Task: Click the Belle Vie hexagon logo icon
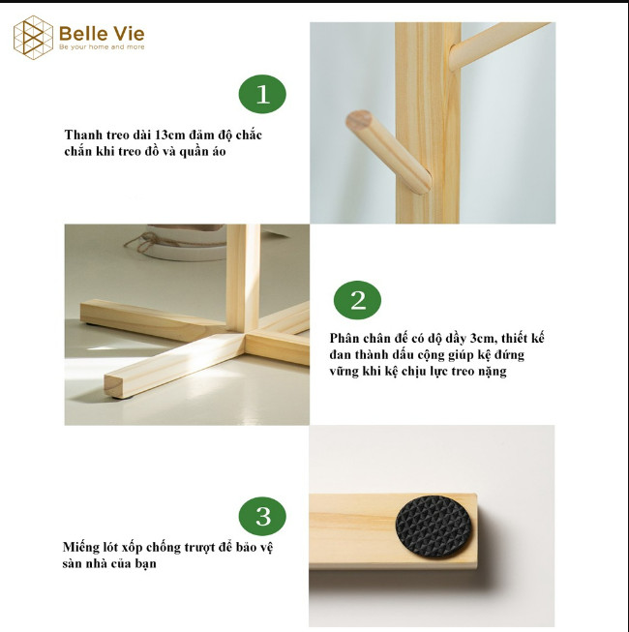33,38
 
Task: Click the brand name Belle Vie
102,34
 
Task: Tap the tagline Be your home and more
102,47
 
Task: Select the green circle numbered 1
262,94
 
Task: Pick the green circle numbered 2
357,300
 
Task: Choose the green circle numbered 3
262,516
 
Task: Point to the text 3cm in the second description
482,338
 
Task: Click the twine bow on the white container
140,243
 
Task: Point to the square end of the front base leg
114,386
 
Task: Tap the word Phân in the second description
344,338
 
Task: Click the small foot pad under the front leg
122,398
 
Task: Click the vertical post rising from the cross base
243,278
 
